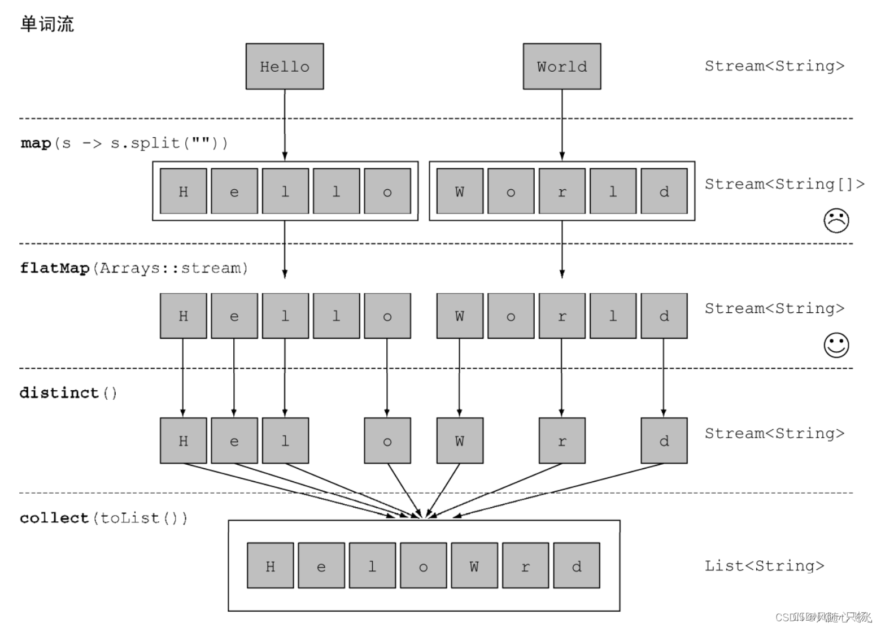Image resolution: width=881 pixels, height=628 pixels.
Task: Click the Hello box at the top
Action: [x=285, y=67]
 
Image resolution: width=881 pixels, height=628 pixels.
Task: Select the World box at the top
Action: [x=561, y=67]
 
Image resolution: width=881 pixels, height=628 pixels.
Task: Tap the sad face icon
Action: [x=836, y=221]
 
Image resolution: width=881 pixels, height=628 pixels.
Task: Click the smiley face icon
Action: [x=836, y=345]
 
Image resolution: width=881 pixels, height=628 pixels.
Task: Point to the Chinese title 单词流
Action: [x=47, y=24]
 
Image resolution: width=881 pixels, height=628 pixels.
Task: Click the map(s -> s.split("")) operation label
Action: [x=124, y=143]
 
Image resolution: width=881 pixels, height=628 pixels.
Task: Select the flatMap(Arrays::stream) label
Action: [x=134, y=268]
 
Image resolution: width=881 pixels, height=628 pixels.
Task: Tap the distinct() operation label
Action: [x=68, y=393]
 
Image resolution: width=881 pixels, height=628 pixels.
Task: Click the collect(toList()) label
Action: [x=103, y=518]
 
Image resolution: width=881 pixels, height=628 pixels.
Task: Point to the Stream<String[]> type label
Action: [x=784, y=184]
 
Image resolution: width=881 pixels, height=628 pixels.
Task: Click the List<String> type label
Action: [x=764, y=566]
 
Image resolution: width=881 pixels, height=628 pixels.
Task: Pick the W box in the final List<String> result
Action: [x=474, y=566]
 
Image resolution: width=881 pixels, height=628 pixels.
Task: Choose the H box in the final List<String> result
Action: [x=271, y=566]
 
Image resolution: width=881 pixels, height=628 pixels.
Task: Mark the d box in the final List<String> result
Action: [x=576, y=566]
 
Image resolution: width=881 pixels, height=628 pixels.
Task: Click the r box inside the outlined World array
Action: [x=561, y=191]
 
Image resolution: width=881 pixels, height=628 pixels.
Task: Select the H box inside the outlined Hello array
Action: [x=183, y=191]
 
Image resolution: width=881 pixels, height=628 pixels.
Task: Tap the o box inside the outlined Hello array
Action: [x=387, y=191]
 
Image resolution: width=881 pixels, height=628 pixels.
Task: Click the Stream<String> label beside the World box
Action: [x=774, y=66]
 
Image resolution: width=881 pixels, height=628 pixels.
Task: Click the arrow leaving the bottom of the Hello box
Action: [x=285, y=124]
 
